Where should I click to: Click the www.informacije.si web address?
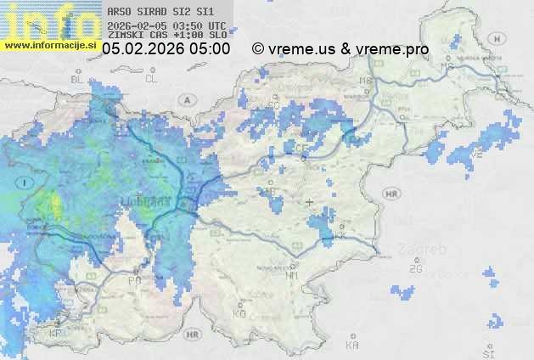click(51, 45)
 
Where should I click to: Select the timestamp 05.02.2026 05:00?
click(166, 49)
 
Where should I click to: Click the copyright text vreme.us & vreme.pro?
click(340, 49)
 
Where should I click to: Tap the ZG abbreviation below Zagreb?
click(415, 268)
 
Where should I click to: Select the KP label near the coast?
click(56, 334)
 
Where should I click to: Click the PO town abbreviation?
click(134, 280)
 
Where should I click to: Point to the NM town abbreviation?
click(292, 275)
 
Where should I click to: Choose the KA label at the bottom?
click(351, 346)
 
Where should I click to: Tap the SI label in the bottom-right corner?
click(487, 352)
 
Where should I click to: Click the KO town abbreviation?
click(239, 313)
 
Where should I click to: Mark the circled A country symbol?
click(186, 99)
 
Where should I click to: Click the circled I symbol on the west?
click(25, 182)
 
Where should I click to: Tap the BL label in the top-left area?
click(77, 79)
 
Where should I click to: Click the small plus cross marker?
click(309, 202)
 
